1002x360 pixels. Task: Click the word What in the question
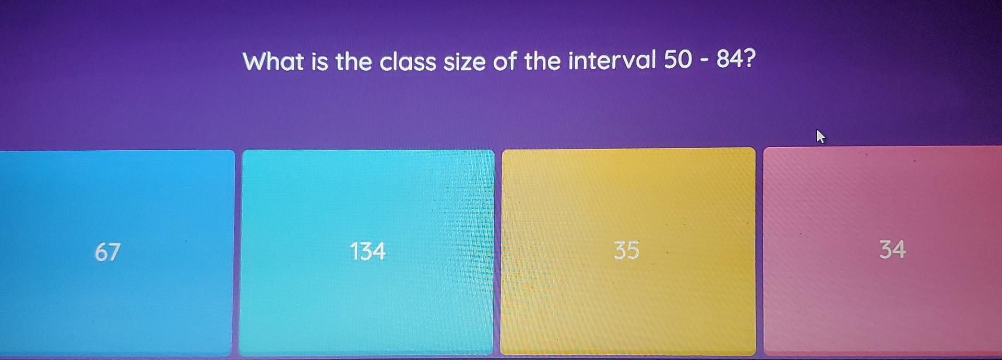(x=273, y=62)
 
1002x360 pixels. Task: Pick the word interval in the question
(x=612, y=62)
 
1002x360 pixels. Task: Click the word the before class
(x=354, y=62)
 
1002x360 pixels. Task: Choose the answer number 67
(x=108, y=251)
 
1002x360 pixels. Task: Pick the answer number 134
(x=367, y=251)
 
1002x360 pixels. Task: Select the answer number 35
(x=626, y=250)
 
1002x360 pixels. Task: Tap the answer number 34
(x=892, y=249)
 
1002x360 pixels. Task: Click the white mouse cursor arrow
(x=820, y=137)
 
